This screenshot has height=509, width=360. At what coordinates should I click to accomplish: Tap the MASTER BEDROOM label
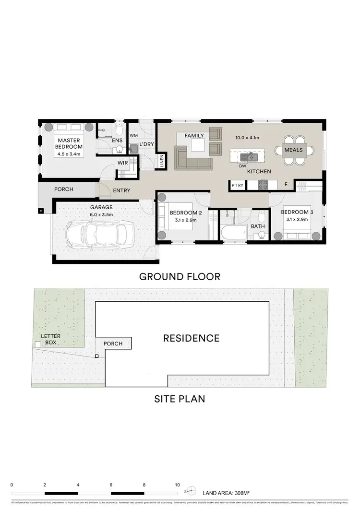(69, 143)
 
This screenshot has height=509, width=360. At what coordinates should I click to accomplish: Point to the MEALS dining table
(293, 150)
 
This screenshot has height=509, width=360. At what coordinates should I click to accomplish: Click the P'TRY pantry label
(237, 185)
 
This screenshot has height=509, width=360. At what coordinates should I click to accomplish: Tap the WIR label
(123, 163)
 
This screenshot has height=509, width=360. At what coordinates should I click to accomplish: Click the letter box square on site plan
(37, 344)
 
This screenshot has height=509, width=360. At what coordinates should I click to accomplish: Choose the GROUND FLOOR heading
(180, 276)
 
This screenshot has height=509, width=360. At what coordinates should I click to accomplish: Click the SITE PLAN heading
(180, 398)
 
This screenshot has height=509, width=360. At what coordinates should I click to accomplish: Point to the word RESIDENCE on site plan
(191, 338)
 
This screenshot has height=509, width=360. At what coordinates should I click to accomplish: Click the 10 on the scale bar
(178, 485)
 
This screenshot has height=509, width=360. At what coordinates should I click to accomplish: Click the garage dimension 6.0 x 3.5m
(101, 214)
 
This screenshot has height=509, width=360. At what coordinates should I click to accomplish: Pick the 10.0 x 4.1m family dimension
(247, 137)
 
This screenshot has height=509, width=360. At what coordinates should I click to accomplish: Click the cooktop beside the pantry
(264, 185)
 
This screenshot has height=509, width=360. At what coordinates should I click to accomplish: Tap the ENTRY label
(121, 190)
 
